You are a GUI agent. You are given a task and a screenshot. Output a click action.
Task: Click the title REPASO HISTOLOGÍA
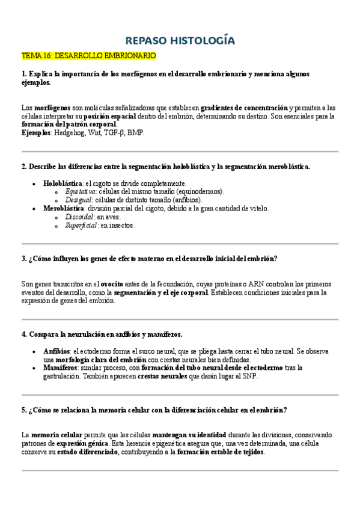coord(180,40)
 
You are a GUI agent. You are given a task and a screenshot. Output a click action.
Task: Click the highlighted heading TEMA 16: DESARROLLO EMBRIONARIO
coord(88,56)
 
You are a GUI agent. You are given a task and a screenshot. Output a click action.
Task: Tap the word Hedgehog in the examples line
coord(69,133)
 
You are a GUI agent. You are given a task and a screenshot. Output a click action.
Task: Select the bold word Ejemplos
coord(36,133)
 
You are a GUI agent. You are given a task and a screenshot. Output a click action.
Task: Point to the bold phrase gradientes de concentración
coord(244,107)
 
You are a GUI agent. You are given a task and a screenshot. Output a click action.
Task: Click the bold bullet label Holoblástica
coord(63,183)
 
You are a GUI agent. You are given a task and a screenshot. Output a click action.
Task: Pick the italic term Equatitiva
coord(81,191)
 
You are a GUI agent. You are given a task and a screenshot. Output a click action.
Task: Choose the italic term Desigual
coord(79,200)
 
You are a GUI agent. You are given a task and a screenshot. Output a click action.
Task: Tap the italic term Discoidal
coord(79,217)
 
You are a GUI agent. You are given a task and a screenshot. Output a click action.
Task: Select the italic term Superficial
coord(81,226)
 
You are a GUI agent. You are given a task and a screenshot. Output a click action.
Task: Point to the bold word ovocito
coord(112,284)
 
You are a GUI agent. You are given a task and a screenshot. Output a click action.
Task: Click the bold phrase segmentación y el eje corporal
coord(161,292)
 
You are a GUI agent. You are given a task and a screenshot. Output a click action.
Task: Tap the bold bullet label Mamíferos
coord(60,367)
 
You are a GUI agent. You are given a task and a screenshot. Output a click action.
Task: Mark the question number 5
coord(23,410)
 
